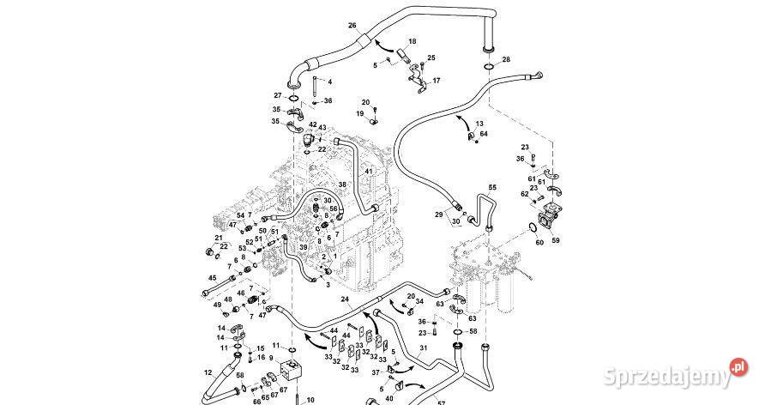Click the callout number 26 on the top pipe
tap(352, 27)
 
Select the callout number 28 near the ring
tap(506, 59)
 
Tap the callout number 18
tap(412, 41)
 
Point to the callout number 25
tap(431, 57)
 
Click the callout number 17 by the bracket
tap(436, 81)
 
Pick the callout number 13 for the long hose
tap(479, 124)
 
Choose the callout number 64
tap(484, 134)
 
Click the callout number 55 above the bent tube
tap(492, 187)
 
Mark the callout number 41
tap(369, 172)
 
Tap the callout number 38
tap(342, 184)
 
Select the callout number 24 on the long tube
tap(345, 299)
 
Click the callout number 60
tap(539, 243)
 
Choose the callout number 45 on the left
tap(213, 277)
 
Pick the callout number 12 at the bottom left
tap(208, 372)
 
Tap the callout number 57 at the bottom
tap(443, 401)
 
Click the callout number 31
tap(423, 348)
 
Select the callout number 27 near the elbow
tap(278, 95)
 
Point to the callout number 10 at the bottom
tap(310, 399)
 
